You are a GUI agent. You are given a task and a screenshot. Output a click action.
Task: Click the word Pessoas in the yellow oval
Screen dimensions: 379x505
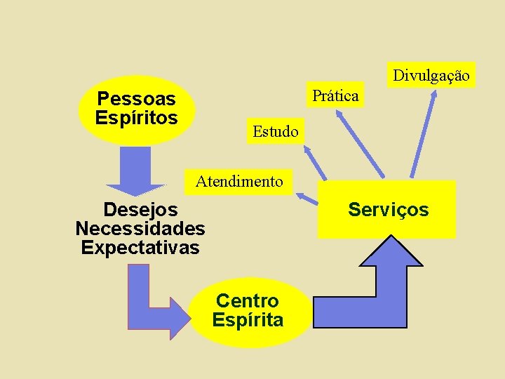coord(136,99)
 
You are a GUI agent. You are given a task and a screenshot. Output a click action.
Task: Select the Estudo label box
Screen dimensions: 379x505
coord(275,131)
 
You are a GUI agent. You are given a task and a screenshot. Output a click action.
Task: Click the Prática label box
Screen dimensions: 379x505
coord(335,95)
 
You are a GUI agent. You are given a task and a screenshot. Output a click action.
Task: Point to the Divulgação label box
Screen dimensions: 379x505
coord(431,75)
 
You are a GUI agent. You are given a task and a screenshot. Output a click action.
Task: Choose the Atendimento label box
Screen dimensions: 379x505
coord(239,182)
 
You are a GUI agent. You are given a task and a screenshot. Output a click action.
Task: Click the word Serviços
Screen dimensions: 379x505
coord(388,210)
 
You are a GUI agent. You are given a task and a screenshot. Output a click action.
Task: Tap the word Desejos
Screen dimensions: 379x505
coord(140,209)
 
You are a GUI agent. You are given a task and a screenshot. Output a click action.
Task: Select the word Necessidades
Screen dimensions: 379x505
coord(140,229)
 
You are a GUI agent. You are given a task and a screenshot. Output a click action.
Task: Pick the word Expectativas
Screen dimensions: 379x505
coord(140,248)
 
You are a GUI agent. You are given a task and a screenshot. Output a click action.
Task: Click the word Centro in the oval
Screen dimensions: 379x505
coord(247,301)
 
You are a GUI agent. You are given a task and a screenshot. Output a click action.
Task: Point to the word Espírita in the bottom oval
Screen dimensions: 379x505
coord(248,321)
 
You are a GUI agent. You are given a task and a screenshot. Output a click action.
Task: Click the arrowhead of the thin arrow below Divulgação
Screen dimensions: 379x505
coord(433,94)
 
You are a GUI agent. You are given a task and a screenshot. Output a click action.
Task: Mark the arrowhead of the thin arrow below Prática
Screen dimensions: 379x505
coord(335,112)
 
